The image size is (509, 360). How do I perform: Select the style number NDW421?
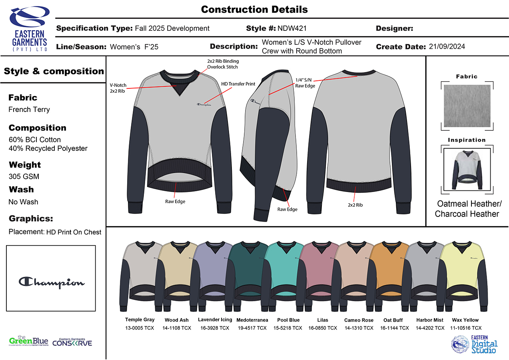click(x=292, y=28)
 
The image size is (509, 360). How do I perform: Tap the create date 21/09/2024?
click(x=447, y=46)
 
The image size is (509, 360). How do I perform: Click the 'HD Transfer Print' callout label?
click(x=238, y=84)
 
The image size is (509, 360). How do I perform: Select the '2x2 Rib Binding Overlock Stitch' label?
click(x=223, y=64)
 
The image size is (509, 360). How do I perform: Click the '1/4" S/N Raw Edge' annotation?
click(x=305, y=83)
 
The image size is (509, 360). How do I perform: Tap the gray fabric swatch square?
click(x=467, y=106)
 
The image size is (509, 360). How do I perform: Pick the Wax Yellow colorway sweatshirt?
click(x=463, y=276)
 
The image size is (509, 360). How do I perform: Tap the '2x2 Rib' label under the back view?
click(x=355, y=205)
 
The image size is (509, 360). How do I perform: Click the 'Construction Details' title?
click(x=254, y=9)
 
